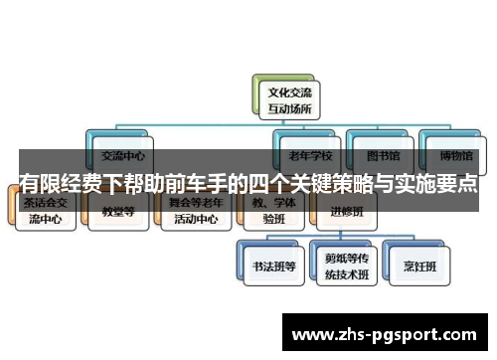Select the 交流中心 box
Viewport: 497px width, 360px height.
[121, 156]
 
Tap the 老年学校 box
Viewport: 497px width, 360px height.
[308, 156]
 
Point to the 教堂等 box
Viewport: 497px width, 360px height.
[118, 211]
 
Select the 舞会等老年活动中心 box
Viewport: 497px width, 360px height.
[190, 211]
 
